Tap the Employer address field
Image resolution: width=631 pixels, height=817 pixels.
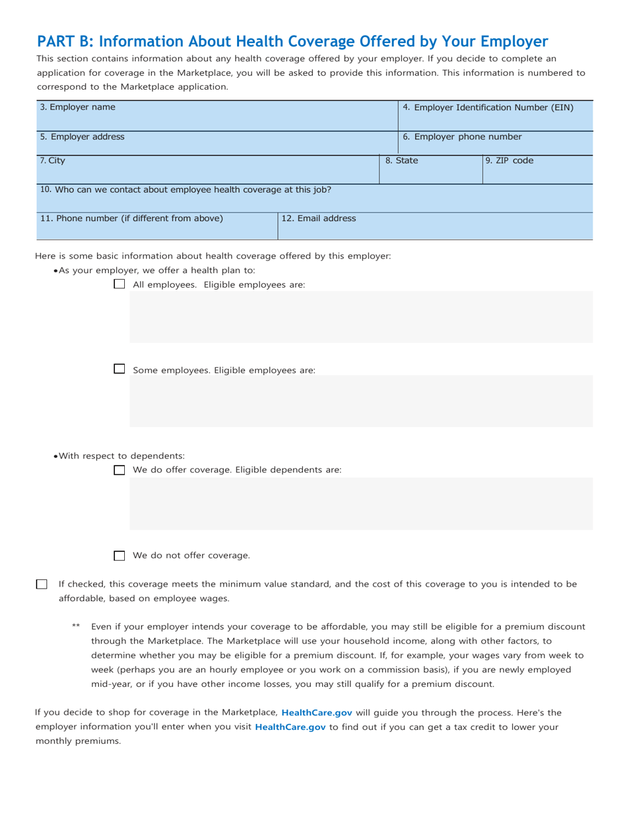pyautogui.click(x=217, y=147)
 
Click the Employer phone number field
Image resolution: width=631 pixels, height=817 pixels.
pyautogui.click(x=495, y=147)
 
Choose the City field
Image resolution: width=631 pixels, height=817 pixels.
pyautogui.click(x=207, y=173)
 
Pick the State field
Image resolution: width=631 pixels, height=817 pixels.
pyautogui.click(x=430, y=173)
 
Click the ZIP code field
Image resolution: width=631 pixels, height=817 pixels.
pyautogui.click(x=537, y=173)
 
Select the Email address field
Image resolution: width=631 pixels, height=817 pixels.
pyautogui.click(x=435, y=229)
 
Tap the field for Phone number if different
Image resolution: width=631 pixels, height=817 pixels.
pyautogui.click(x=157, y=229)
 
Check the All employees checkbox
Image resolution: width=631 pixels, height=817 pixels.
pyautogui.click(x=120, y=284)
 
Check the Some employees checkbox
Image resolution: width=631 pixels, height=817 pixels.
pyautogui.click(x=120, y=369)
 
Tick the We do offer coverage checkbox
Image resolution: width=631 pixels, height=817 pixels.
pyautogui.click(x=120, y=470)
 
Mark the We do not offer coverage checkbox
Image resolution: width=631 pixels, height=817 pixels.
pyautogui.click(x=120, y=556)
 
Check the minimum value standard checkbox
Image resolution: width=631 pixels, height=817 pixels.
pyautogui.click(x=42, y=585)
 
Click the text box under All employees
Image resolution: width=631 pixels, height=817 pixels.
pyautogui.click(x=361, y=317)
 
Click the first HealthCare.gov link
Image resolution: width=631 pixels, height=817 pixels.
pyautogui.click(x=317, y=712)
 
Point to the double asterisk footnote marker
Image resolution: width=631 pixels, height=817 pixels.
pyautogui.click(x=76, y=626)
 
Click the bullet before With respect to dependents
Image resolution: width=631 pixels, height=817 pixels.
pyautogui.click(x=56, y=456)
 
